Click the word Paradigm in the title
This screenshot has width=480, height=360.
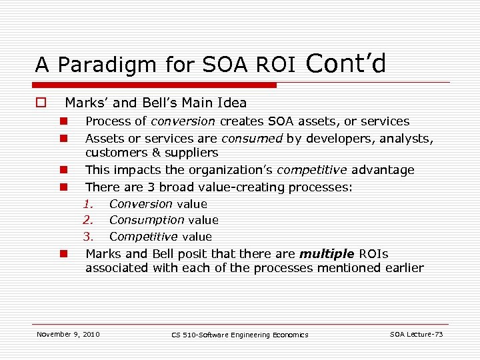tap(96, 64)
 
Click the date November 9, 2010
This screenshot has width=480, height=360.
tap(68, 334)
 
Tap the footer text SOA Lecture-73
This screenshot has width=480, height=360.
tap(416, 334)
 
